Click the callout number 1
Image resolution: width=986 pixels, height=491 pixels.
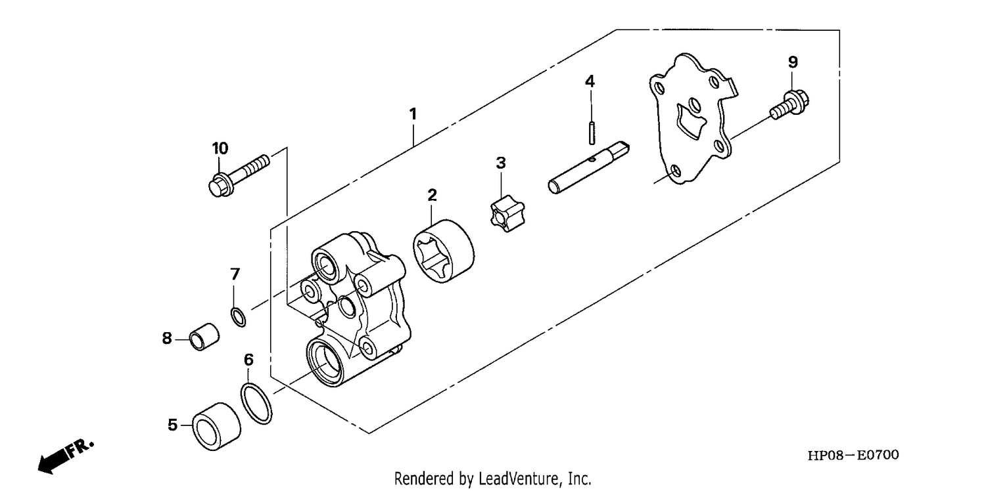[412, 114]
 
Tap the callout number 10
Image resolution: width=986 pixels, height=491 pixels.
[220, 148]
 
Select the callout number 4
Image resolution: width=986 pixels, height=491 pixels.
[590, 81]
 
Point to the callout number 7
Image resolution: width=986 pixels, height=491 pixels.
[235, 274]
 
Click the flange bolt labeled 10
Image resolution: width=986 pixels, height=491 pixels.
[239, 175]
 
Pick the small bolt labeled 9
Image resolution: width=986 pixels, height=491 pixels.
[790, 104]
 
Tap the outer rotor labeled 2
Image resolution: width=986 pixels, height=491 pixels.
[444, 251]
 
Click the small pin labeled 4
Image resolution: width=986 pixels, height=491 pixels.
[592, 133]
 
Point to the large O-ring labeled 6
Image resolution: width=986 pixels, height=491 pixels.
[256, 404]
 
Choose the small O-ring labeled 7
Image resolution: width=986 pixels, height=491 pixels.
[238, 317]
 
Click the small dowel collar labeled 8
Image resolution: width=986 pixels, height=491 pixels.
[204, 337]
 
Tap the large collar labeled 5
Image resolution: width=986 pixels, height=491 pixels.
[216, 426]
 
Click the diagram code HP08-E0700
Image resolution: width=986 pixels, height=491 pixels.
[853, 455]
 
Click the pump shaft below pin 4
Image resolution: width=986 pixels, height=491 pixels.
[589, 168]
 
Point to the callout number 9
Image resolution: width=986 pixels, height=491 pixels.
[793, 62]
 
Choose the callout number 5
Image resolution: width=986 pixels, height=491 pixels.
[172, 425]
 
